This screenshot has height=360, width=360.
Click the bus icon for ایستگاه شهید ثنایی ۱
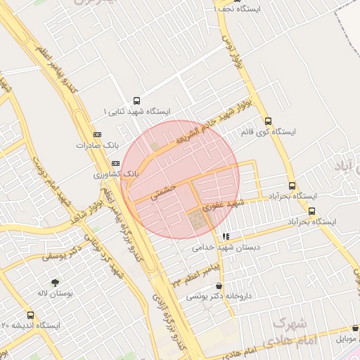(x=136, y=101)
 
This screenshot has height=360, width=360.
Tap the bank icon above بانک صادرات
(x=97, y=134)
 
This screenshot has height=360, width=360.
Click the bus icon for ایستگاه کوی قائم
(x=268, y=121)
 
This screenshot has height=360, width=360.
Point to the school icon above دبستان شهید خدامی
(x=224, y=237)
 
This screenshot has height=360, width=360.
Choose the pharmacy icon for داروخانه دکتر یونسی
(x=221, y=285)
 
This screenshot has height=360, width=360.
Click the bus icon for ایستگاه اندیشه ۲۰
(x=30, y=315)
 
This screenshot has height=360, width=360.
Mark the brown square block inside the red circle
(x=198, y=221)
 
